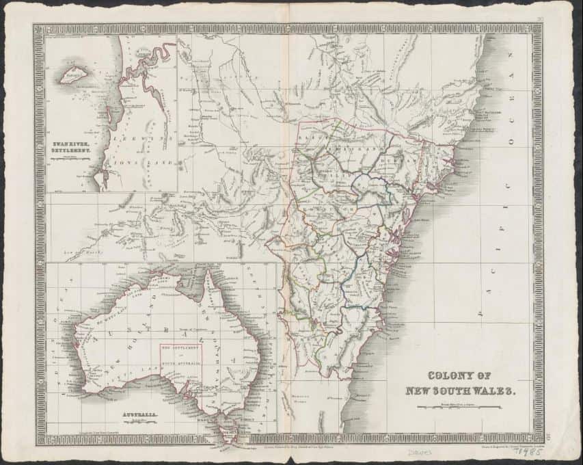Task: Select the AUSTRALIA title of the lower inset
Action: (136, 415)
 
